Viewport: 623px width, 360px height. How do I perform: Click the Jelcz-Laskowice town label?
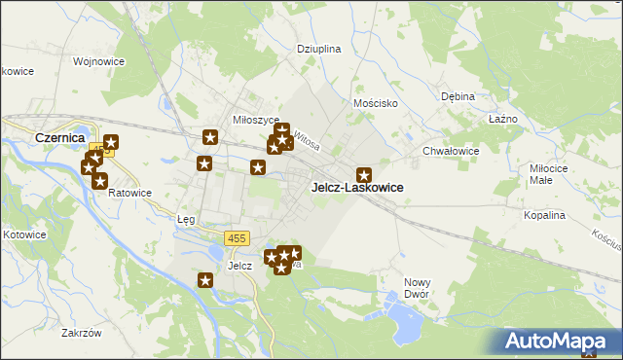tap(356, 187)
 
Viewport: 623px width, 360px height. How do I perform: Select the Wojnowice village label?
tap(96, 61)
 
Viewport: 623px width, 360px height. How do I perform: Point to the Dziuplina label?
tap(317, 48)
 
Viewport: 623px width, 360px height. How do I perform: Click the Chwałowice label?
tap(451, 151)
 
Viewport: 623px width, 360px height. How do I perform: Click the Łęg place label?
tap(186, 219)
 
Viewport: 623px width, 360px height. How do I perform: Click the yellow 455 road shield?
tap(237, 238)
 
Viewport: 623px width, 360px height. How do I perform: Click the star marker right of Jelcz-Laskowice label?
tap(364, 174)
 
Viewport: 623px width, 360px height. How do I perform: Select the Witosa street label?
tap(307, 139)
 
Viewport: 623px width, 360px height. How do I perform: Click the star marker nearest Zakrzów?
tap(205, 281)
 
